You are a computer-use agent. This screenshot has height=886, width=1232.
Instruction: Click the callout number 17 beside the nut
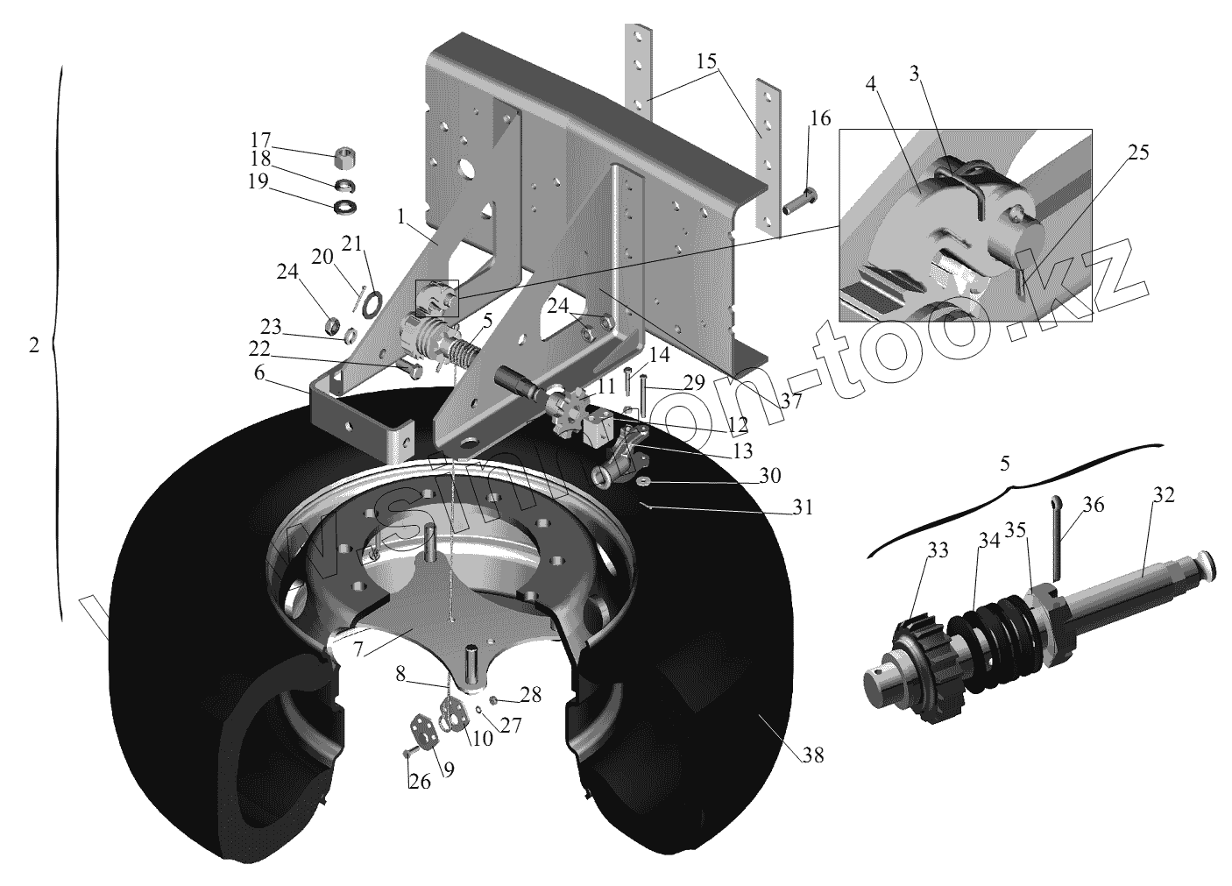pos(259,139)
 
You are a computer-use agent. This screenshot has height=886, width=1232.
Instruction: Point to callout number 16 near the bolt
pos(819,118)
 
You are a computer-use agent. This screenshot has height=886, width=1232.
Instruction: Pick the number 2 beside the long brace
pos(33,344)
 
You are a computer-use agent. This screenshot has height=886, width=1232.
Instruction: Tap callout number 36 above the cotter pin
pos(1093,505)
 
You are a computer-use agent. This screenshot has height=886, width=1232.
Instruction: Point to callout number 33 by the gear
pos(938,549)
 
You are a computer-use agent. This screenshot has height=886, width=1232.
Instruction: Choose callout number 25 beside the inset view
pos(1137,152)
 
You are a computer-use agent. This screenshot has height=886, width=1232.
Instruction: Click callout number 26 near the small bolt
pos(420,780)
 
